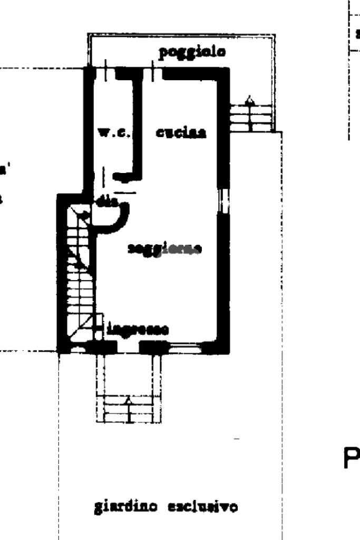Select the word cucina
181,133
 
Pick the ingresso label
138,330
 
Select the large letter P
351,459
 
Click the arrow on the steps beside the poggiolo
250,100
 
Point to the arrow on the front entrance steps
128,402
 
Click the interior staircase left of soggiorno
79,274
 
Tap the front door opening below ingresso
128,348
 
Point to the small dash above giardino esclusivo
236,439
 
